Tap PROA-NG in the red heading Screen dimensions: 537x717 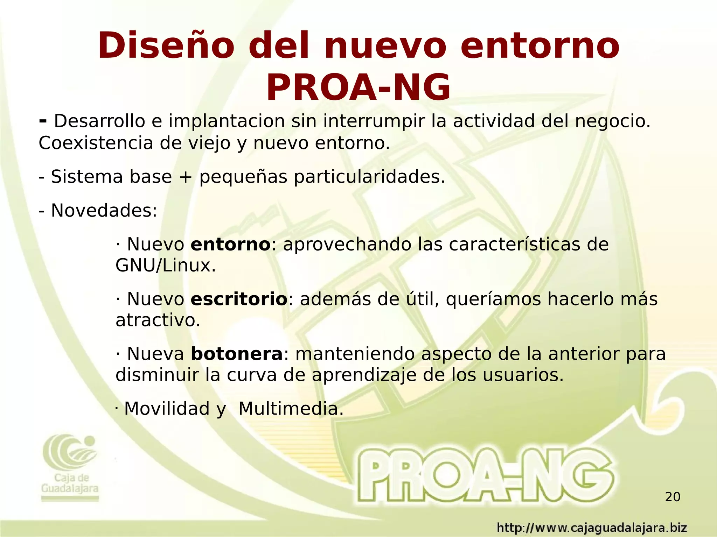tap(358, 87)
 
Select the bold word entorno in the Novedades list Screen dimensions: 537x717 tap(230, 244)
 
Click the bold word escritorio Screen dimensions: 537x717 tap(239, 299)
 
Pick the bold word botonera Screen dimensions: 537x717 tap(236, 354)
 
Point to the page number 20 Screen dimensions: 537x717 tap(673, 497)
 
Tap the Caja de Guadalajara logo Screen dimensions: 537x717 tap(70, 467)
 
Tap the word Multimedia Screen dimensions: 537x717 tap(291, 409)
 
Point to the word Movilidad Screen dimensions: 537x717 tap(167, 409)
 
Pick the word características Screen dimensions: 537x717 tap(512, 244)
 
